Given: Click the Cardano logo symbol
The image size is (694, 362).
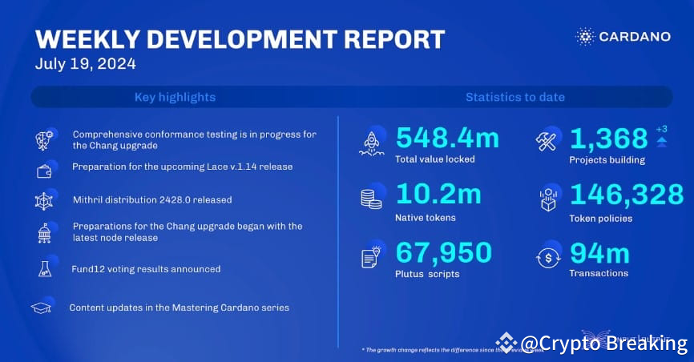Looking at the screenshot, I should (585, 37).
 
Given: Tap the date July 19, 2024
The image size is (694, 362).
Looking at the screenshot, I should (85, 64).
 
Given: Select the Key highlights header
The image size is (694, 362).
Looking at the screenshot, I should (175, 97).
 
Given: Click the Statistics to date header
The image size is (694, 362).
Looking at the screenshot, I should (514, 97).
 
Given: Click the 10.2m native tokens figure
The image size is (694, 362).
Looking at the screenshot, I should (438, 195).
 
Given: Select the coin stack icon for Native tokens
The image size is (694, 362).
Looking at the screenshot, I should (371, 199).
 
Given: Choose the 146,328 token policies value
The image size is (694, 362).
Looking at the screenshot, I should (627, 195).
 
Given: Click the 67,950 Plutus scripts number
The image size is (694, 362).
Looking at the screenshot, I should (443, 252).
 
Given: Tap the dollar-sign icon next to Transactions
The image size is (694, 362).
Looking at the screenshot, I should (547, 256).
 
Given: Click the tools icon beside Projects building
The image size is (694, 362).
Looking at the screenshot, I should (547, 141).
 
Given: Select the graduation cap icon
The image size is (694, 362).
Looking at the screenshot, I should (42, 308).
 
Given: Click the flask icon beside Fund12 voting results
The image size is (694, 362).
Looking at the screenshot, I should (44, 269).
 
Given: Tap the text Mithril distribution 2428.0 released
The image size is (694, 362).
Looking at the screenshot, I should (151, 199).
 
